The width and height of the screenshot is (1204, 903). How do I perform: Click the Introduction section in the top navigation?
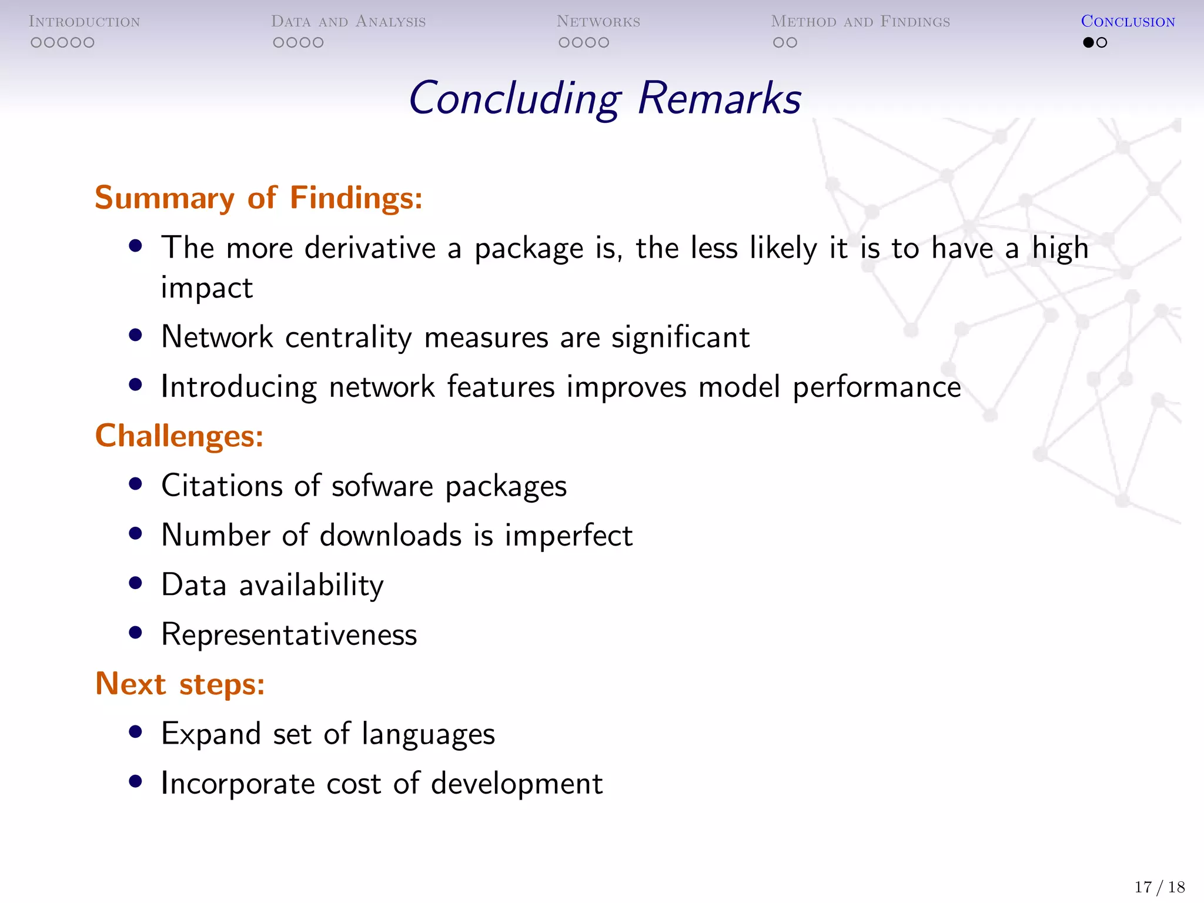coord(84,22)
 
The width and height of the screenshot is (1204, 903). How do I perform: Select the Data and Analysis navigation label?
coord(348,22)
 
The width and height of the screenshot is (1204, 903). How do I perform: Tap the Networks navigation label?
coord(598,22)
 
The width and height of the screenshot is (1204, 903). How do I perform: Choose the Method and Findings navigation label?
coord(860,22)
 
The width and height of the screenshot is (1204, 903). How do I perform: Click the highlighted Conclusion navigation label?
coord(1128,22)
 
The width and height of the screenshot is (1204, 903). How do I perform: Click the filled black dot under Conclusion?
coord(1088,42)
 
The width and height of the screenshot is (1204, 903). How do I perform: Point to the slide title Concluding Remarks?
coord(604,98)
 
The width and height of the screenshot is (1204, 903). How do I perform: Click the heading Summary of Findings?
coord(259,198)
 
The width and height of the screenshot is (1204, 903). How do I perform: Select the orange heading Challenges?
coord(179,436)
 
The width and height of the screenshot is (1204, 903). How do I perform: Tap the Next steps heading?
coord(180,684)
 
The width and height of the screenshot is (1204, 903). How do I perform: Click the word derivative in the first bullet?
coord(370,248)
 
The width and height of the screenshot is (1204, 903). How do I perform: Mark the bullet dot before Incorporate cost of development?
coord(136,781)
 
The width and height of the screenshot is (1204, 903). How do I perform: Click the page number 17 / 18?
coord(1159,887)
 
